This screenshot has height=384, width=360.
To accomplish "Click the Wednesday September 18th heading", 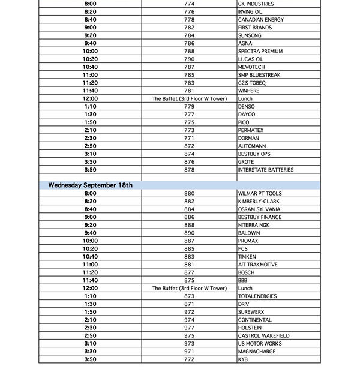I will click(x=91, y=185).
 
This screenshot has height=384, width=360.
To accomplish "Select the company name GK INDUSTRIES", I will click(x=256, y=4).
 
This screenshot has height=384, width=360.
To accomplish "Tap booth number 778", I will click(x=189, y=20).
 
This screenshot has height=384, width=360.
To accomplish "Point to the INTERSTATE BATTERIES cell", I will click(x=265, y=170).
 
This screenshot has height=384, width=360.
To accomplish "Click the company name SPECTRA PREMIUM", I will click(x=260, y=52).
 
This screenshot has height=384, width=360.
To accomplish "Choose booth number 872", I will click(x=189, y=146).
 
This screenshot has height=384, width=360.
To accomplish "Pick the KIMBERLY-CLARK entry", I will click(x=258, y=202).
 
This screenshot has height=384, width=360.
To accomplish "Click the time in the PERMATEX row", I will click(x=90, y=130).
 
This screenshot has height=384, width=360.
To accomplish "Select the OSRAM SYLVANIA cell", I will click(x=259, y=209).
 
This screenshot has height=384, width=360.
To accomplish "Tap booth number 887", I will click(x=189, y=241).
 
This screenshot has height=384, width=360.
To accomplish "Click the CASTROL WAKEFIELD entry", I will click(x=263, y=336).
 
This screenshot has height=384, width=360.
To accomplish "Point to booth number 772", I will click(x=189, y=359).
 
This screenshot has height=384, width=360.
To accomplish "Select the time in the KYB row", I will click(x=90, y=359).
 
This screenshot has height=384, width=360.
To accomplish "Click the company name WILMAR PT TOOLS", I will click(x=259, y=194).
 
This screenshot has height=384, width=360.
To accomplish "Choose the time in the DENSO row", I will click(x=90, y=107).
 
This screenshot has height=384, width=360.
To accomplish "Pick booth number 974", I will click(x=189, y=320).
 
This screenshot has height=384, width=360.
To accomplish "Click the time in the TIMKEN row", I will click(x=90, y=257).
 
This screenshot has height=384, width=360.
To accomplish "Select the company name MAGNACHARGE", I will click(x=256, y=352).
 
